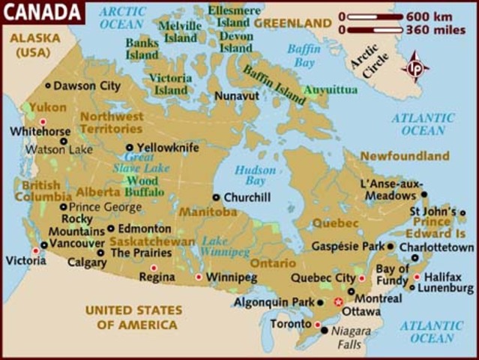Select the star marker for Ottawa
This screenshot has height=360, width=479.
pos(338,301)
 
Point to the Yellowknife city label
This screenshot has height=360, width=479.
pos(168,148)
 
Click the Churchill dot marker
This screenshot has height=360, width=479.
pos(216,198)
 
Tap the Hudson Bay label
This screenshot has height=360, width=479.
pos(255,175)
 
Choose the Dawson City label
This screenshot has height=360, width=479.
pos(86,86)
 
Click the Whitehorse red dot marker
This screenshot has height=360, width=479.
pos(43,121)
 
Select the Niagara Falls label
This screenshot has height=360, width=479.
pos(346,338)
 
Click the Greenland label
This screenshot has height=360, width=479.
pos(292,23)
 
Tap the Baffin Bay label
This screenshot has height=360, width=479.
pos(304,55)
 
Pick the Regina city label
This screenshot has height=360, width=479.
pos(157,278)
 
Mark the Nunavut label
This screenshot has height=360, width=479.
pos(237,96)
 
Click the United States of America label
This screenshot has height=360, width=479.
pos(133,317)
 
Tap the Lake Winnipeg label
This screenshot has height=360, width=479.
pos(214,247)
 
